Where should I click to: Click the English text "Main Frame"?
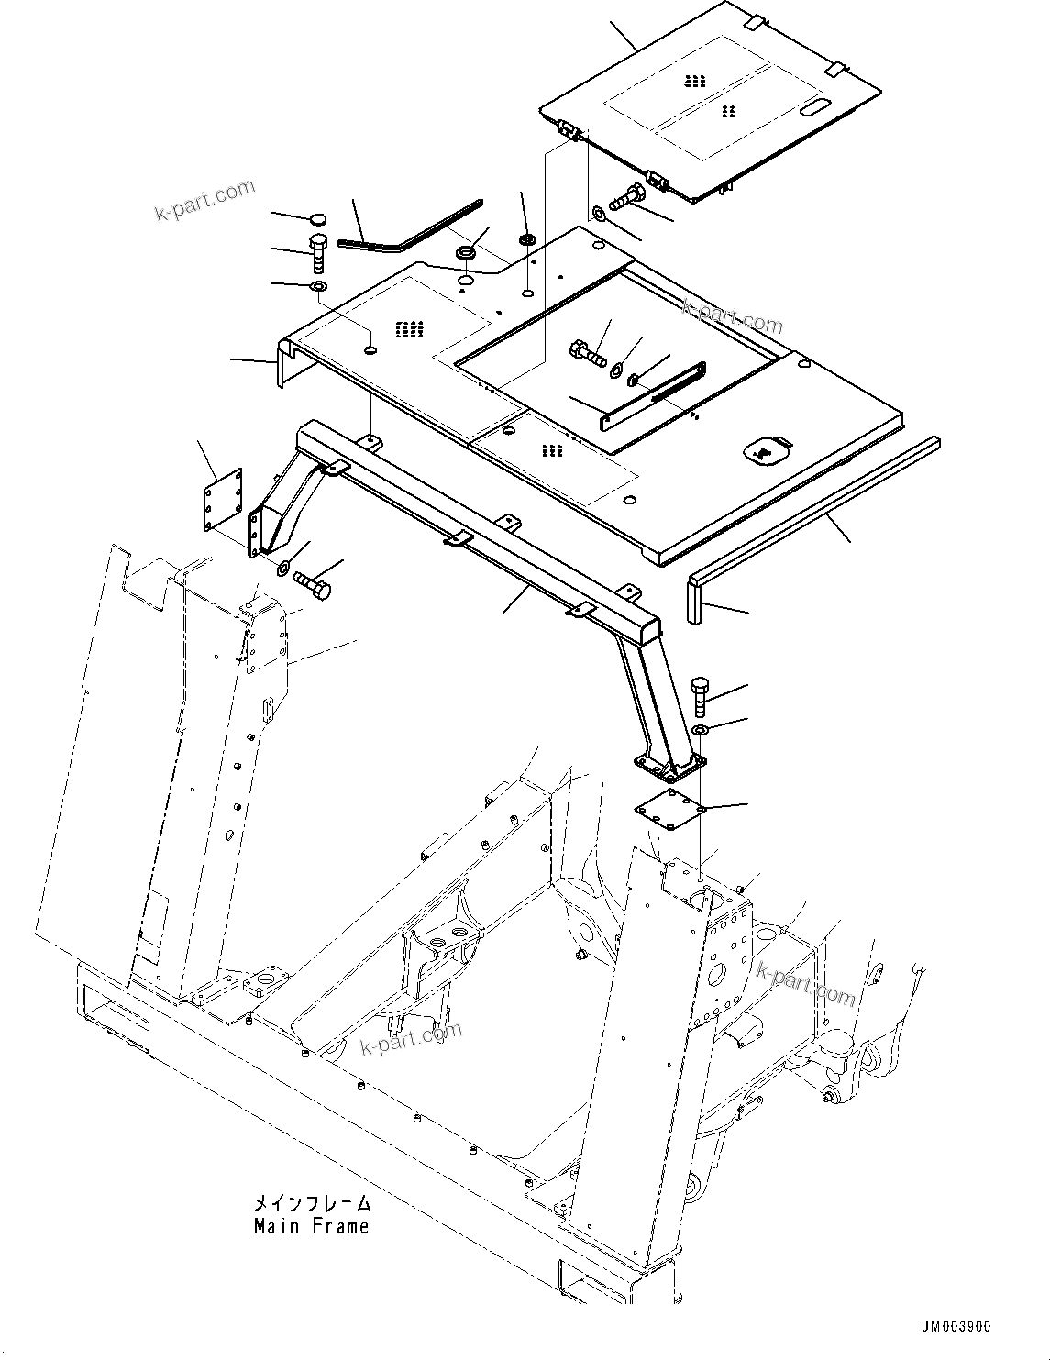tap(311, 1226)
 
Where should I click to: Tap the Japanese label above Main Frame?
tap(313, 1203)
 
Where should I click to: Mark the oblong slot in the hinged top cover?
tap(815, 109)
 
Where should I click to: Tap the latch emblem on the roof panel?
tap(762, 449)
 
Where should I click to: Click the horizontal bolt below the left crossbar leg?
tap(313, 584)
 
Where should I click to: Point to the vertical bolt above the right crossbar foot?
tap(700, 696)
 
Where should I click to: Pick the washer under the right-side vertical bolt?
tap(701, 730)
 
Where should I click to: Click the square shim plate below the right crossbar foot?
tap(671, 806)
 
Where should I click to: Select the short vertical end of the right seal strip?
tap(694, 599)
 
